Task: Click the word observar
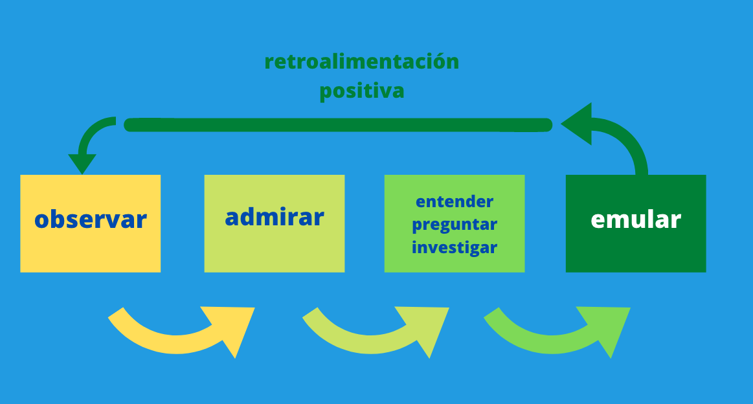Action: click(x=90, y=219)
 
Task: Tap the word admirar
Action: click(x=275, y=217)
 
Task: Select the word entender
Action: click(x=455, y=201)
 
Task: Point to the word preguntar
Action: click(x=455, y=225)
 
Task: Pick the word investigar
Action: click(x=455, y=247)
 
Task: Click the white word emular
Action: click(x=636, y=219)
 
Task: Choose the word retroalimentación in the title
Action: click(x=362, y=62)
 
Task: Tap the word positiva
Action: click(x=362, y=91)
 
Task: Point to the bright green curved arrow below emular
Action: click(x=552, y=344)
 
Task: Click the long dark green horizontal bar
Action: click(x=338, y=125)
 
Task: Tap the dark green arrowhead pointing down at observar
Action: click(x=82, y=163)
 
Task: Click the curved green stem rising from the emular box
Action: click(x=629, y=139)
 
